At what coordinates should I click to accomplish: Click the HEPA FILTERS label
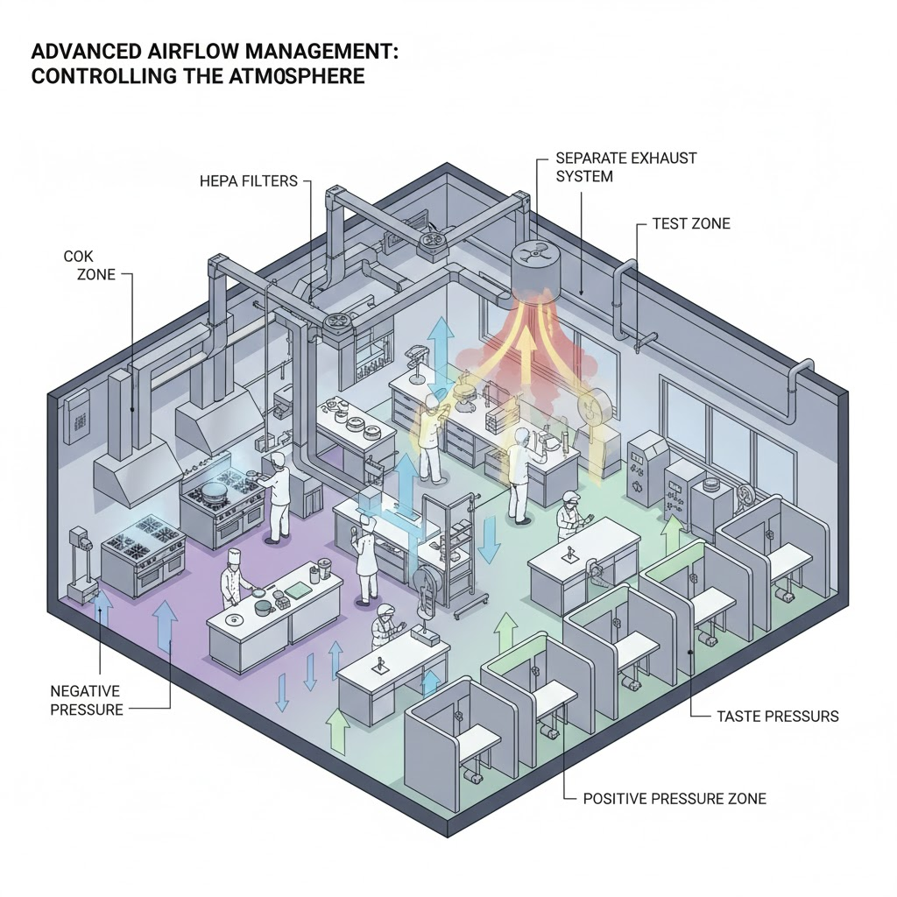(250, 181)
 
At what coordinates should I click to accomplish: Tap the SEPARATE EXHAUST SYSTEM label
(626, 167)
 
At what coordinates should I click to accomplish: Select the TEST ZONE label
(691, 224)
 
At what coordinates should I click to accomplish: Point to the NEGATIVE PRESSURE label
(86, 701)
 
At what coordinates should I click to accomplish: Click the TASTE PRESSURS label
(777, 717)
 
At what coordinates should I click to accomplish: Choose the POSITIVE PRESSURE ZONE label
(675, 799)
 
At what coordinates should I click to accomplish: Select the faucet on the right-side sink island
(571, 555)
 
